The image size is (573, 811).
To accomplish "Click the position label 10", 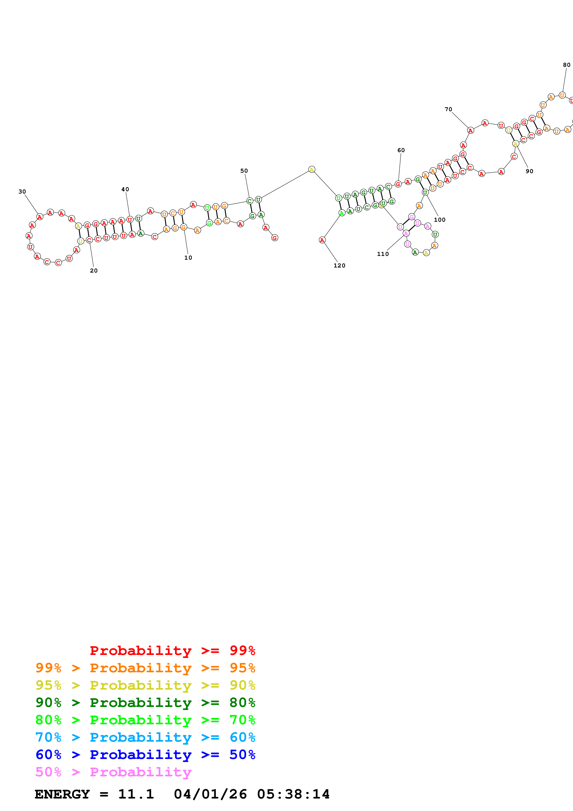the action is [188, 258].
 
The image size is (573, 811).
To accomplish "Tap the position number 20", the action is [94, 270].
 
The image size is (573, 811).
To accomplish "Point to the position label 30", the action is [22, 191].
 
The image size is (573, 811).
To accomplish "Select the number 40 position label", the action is [125, 189].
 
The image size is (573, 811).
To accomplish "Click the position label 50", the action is [244, 171].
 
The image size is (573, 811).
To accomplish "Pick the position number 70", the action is [448, 109].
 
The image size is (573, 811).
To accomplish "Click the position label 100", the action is [440, 220].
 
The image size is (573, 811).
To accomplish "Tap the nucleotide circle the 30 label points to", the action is [40, 217].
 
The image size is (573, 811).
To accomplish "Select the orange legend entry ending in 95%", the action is [145, 668].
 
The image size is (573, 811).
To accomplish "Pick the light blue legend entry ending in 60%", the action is [145, 737].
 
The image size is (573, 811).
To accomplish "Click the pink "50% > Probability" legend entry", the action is [113, 772].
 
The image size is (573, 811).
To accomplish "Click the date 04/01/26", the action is [210, 794].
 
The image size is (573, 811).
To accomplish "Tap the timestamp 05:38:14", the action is [293, 794].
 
